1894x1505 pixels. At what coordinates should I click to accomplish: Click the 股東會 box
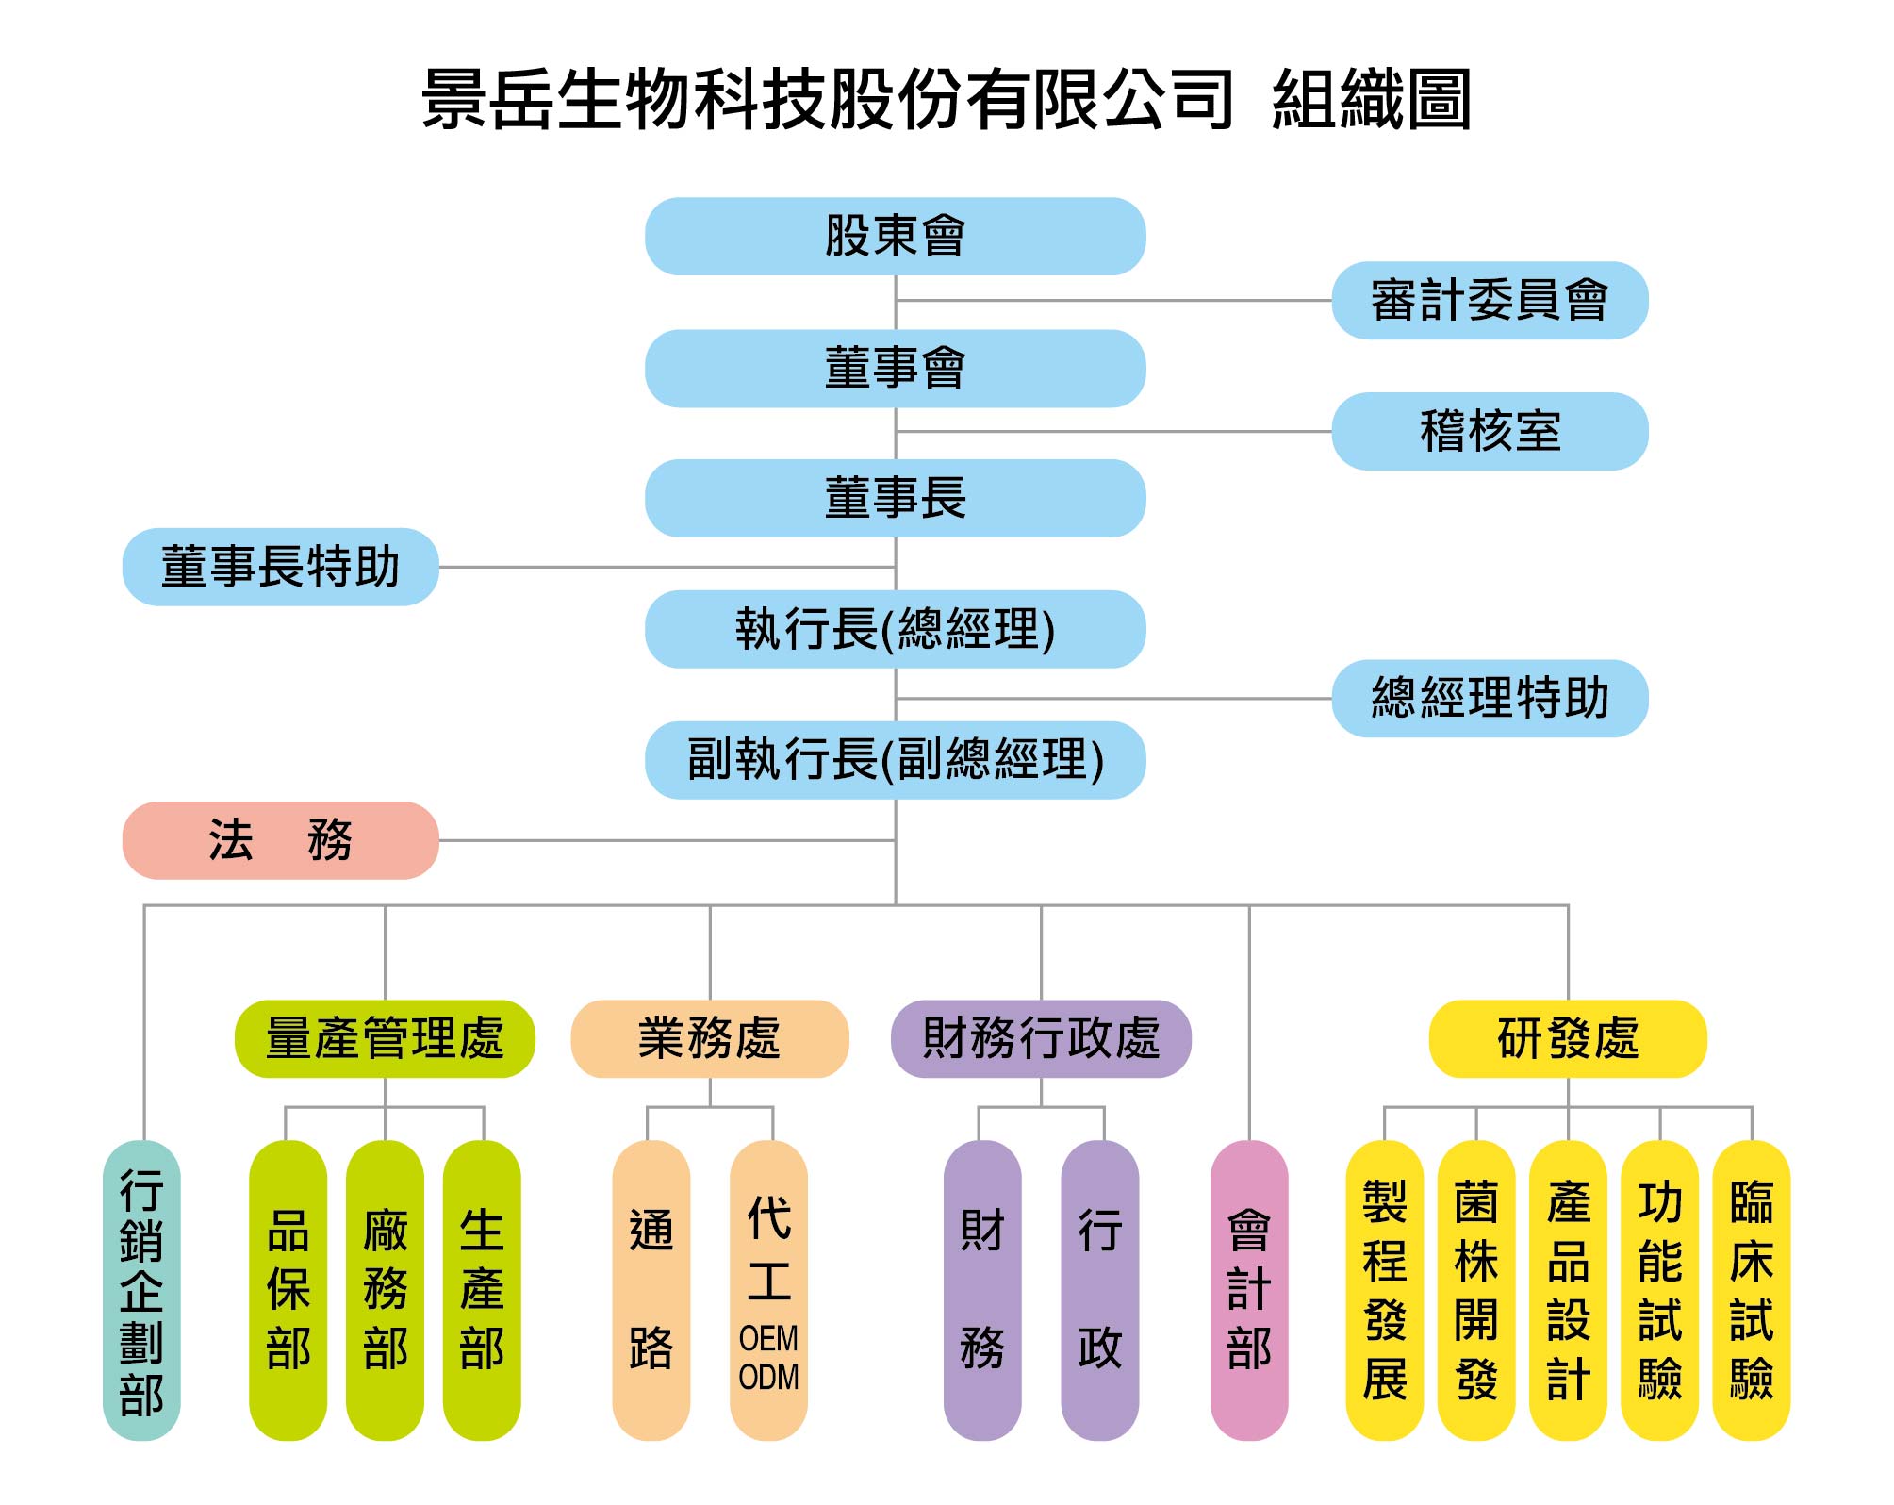pos(895,236)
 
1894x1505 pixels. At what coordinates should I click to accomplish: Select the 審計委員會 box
pos(1489,300)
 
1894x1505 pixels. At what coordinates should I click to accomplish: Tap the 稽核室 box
pos(1489,431)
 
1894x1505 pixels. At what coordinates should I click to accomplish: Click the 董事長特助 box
pos(280,567)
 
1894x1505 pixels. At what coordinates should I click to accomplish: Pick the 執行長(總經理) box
pos(895,629)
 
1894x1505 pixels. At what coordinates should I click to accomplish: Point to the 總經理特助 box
pos(1489,698)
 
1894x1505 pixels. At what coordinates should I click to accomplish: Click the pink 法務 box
pos(280,840)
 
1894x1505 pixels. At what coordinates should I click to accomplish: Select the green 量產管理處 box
pos(385,1038)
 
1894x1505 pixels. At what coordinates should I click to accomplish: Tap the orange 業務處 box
pos(709,1038)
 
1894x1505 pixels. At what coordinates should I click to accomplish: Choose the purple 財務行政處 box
pos(1041,1038)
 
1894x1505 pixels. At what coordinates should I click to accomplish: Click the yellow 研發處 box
pos(1567,1038)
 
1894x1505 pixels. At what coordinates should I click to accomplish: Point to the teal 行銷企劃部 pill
pos(141,1290)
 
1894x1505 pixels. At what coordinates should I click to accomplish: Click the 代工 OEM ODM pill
pos(768,1290)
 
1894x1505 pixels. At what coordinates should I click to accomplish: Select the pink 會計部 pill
pos(1248,1290)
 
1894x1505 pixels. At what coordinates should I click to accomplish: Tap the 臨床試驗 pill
pos(1751,1290)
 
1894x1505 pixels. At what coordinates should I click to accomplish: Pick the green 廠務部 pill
pos(385,1290)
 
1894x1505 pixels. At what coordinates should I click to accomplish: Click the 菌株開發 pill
pos(1475,1290)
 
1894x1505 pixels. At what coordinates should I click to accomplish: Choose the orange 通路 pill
pos(651,1290)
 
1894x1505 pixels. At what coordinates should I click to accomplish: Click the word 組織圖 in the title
pos(1371,99)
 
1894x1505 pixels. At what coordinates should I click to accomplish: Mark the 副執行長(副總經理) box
pos(895,760)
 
